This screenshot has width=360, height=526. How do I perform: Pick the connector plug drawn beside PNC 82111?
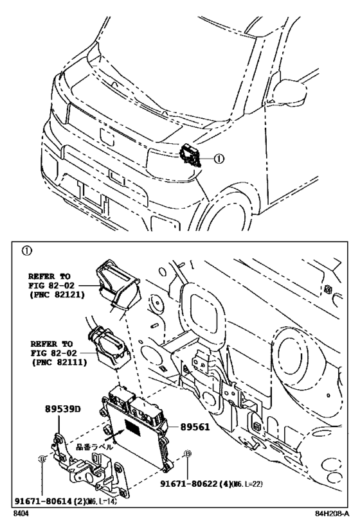pyautogui.click(x=108, y=344)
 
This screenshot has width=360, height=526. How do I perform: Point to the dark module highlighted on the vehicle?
pyautogui.click(x=190, y=156)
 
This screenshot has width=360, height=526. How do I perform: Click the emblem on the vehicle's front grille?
pyautogui.click(x=105, y=135)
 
